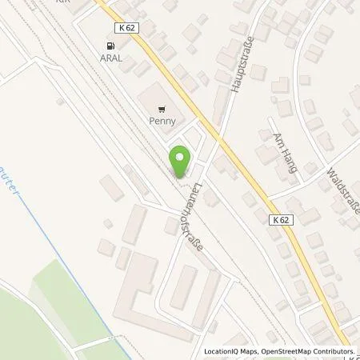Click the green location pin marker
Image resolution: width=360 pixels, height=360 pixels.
click(x=181, y=159)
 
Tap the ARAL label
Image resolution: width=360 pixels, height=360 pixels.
click(x=111, y=58)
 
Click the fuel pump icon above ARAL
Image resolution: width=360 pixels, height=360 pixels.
click(x=110, y=46)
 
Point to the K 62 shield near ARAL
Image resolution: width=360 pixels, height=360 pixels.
click(x=124, y=27)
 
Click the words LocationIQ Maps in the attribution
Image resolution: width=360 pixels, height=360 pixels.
click(x=231, y=352)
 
